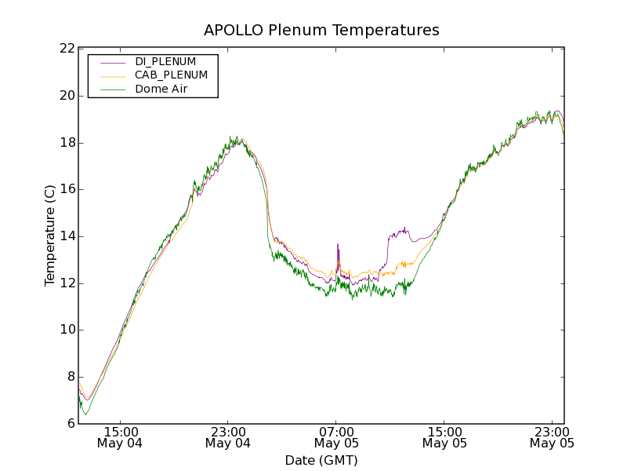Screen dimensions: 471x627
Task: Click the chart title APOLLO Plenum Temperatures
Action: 321,31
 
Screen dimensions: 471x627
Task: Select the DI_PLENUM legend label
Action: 165,61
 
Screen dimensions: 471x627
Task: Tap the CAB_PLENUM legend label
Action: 171,75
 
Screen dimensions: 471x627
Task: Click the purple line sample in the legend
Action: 113,62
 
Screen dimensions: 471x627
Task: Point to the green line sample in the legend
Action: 113,90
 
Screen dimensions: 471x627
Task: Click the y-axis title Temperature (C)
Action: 50,235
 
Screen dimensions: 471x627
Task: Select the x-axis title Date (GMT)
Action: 321,460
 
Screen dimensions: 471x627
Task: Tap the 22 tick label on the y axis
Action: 67,49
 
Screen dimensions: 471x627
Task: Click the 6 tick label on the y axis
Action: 71,424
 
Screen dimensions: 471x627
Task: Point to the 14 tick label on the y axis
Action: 67,236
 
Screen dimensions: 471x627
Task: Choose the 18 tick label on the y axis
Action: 67,143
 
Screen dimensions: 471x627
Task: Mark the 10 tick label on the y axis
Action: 67,330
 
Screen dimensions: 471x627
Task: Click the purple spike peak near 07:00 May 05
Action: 338,244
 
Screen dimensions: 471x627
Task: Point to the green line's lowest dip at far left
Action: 86,414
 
